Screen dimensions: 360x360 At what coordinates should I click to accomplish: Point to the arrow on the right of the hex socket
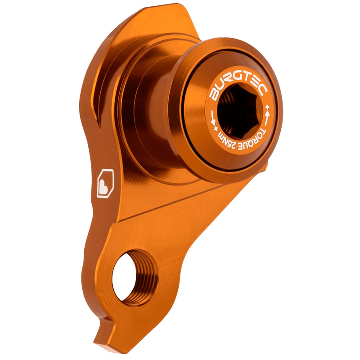coord(267,119)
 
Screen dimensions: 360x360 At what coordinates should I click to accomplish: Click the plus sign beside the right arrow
coord(269,107)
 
